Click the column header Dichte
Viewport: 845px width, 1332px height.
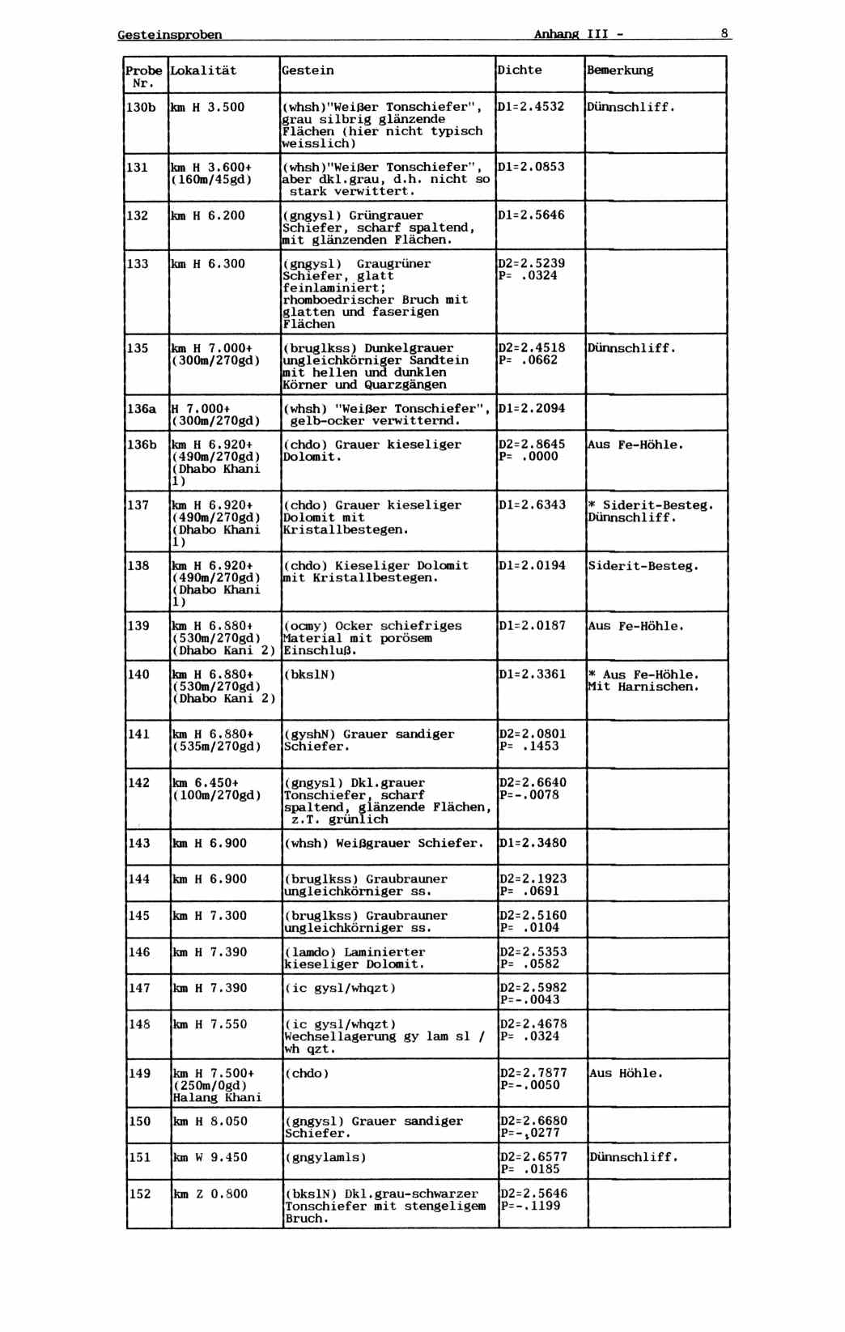coord(520,70)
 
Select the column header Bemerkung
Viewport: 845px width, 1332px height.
coord(620,70)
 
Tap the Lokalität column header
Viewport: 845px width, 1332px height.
coord(203,70)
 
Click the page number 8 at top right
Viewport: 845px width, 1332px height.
coord(725,34)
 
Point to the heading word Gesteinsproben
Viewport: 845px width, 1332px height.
coord(170,35)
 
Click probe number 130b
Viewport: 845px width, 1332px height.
coord(141,107)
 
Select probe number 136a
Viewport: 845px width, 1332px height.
coord(142,409)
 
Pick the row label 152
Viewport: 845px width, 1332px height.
coord(140,1194)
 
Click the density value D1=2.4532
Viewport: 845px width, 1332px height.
coord(531,106)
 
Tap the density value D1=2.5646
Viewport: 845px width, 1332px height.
coord(531,215)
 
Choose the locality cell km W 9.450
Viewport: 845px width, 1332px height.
coord(210,1157)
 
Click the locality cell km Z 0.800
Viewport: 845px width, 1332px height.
coord(210,1194)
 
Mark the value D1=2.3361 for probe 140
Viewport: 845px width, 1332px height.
coord(533,674)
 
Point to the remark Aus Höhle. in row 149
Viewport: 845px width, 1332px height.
coord(626,1073)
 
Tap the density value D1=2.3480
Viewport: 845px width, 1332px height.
coord(533,843)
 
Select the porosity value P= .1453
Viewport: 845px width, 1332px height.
coord(529,747)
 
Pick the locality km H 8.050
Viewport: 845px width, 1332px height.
coord(210,1121)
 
